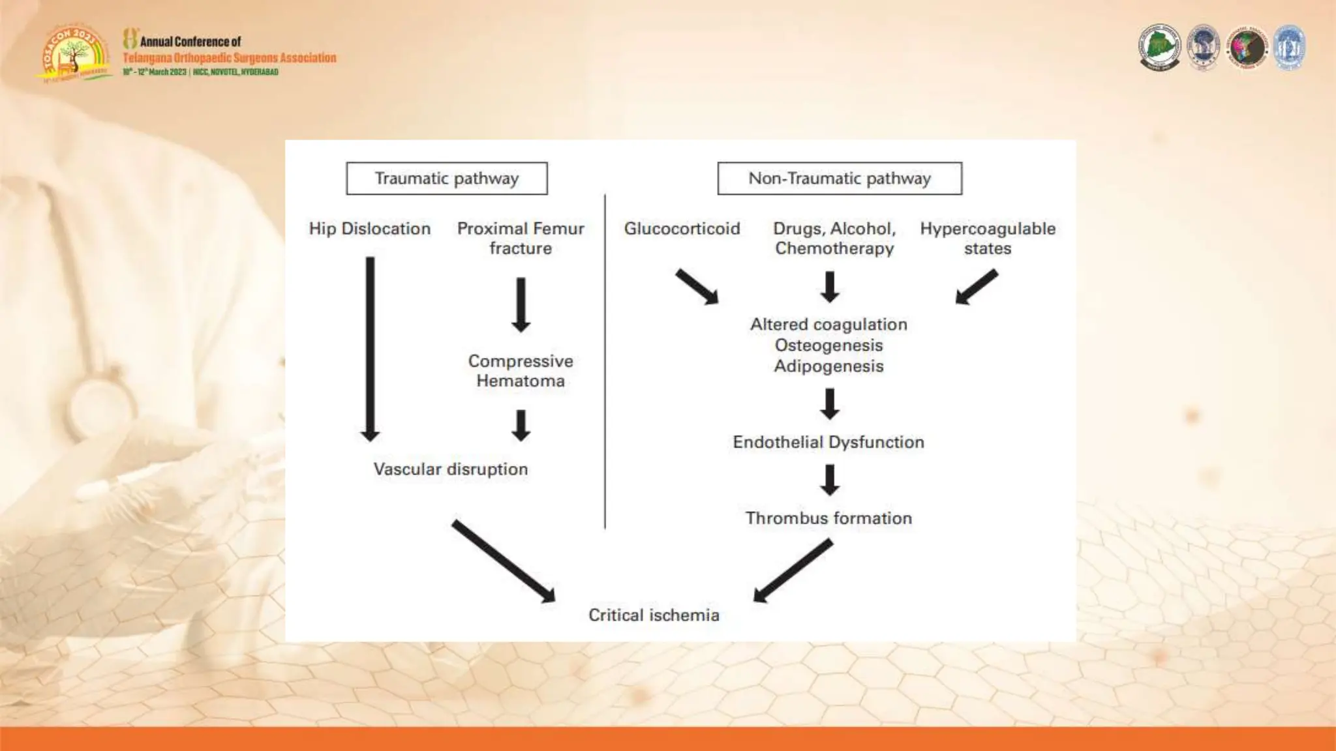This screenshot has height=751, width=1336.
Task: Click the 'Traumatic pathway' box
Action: [x=447, y=179]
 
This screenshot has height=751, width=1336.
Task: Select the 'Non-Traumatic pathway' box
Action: [x=840, y=179]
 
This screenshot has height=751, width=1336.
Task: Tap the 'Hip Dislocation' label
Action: [x=370, y=229]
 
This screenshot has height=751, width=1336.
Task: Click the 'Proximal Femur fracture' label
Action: [x=521, y=238]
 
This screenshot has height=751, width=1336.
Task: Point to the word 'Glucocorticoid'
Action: [x=682, y=229]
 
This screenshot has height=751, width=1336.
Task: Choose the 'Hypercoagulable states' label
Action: [x=988, y=238]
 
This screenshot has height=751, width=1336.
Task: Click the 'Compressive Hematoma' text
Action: [x=521, y=371]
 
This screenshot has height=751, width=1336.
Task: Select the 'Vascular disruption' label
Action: [x=451, y=469]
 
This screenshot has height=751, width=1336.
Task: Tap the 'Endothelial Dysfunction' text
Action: [x=828, y=443]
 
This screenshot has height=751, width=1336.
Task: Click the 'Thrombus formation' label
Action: [x=828, y=518]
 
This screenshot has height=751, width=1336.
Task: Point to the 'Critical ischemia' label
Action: [x=654, y=615]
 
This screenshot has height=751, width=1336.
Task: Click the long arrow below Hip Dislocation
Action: [x=370, y=349]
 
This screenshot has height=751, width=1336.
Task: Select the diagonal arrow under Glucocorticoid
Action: [x=697, y=287]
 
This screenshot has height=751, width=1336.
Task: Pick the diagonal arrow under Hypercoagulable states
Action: [x=977, y=287]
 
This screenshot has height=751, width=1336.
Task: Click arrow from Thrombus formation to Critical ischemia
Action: [x=793, y=571]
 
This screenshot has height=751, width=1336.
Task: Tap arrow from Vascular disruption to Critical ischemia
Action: [x=504, y=561]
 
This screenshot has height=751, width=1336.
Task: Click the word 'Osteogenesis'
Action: [x=828, y=346]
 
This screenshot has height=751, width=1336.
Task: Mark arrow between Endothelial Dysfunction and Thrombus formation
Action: [x=830, y=480]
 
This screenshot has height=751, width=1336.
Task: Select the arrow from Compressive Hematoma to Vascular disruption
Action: [x=521, y=425]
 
